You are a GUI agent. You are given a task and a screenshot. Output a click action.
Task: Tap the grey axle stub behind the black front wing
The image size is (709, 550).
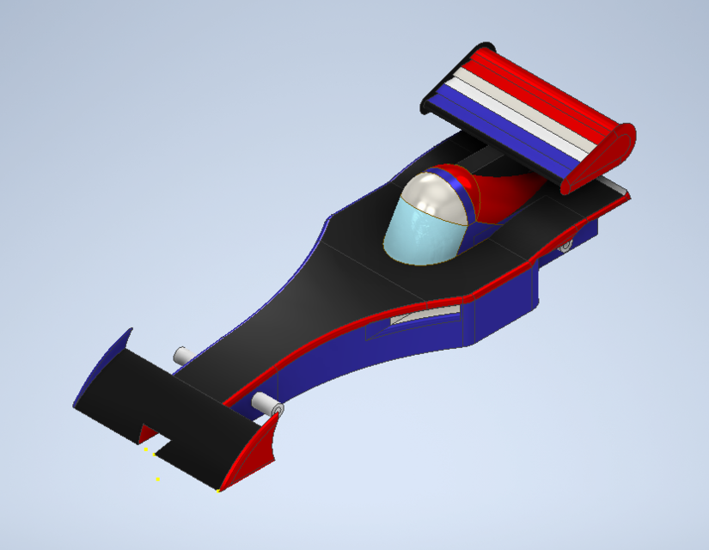coord(183,355)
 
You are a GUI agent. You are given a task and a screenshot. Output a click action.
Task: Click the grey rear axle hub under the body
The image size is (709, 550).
coord(565,246)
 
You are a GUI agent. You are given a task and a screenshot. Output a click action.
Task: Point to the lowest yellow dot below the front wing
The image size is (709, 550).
coord(157,479)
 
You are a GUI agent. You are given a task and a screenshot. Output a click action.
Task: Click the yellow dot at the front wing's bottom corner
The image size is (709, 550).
coord(218,491)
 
